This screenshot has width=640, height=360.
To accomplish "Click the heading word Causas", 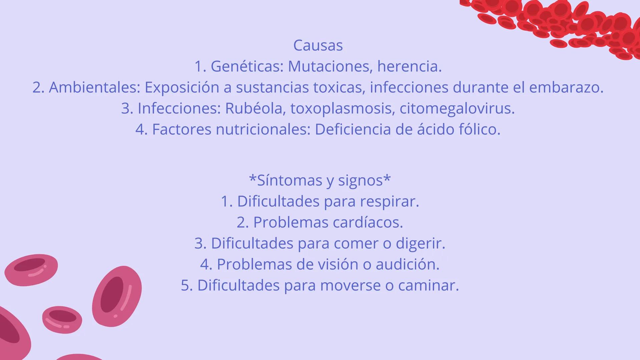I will [x=318, y=45].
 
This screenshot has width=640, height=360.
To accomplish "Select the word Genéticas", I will [x=247, y=66].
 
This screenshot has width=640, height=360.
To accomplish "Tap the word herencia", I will [x=410, y=66].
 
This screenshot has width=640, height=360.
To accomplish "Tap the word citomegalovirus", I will [x=457, y=109].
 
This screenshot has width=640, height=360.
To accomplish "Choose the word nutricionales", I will [x=263, y=129].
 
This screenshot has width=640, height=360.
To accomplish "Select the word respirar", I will [x=390, y=202].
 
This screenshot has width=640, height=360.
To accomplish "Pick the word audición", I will [x=408, y=264].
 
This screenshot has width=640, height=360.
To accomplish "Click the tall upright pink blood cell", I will [x=117, y=296].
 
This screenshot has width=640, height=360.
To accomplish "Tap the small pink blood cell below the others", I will [x=62, y=319].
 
